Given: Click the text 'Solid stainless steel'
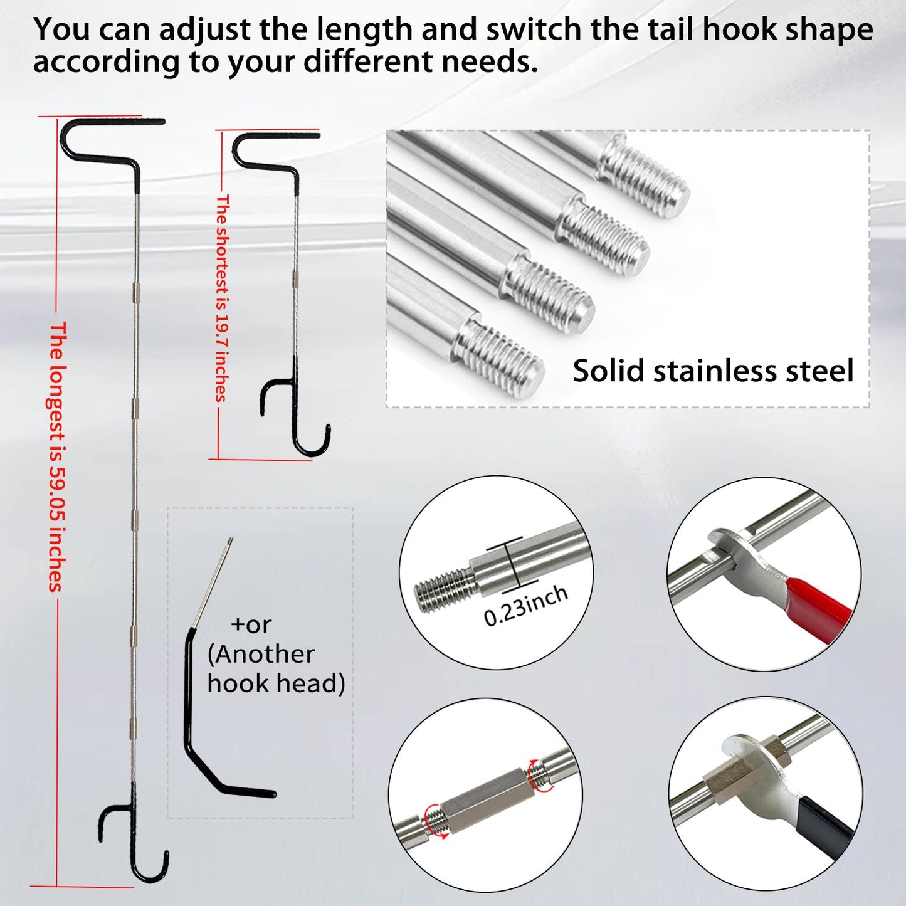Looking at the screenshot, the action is (x=713, y=371).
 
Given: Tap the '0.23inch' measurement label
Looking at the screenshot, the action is (x=525, y=606).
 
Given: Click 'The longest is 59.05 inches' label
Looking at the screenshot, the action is (x=56, y=456).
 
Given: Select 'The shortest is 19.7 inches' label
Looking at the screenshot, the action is (x=221, y=298).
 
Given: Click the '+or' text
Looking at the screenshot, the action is (x=251, y=625).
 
